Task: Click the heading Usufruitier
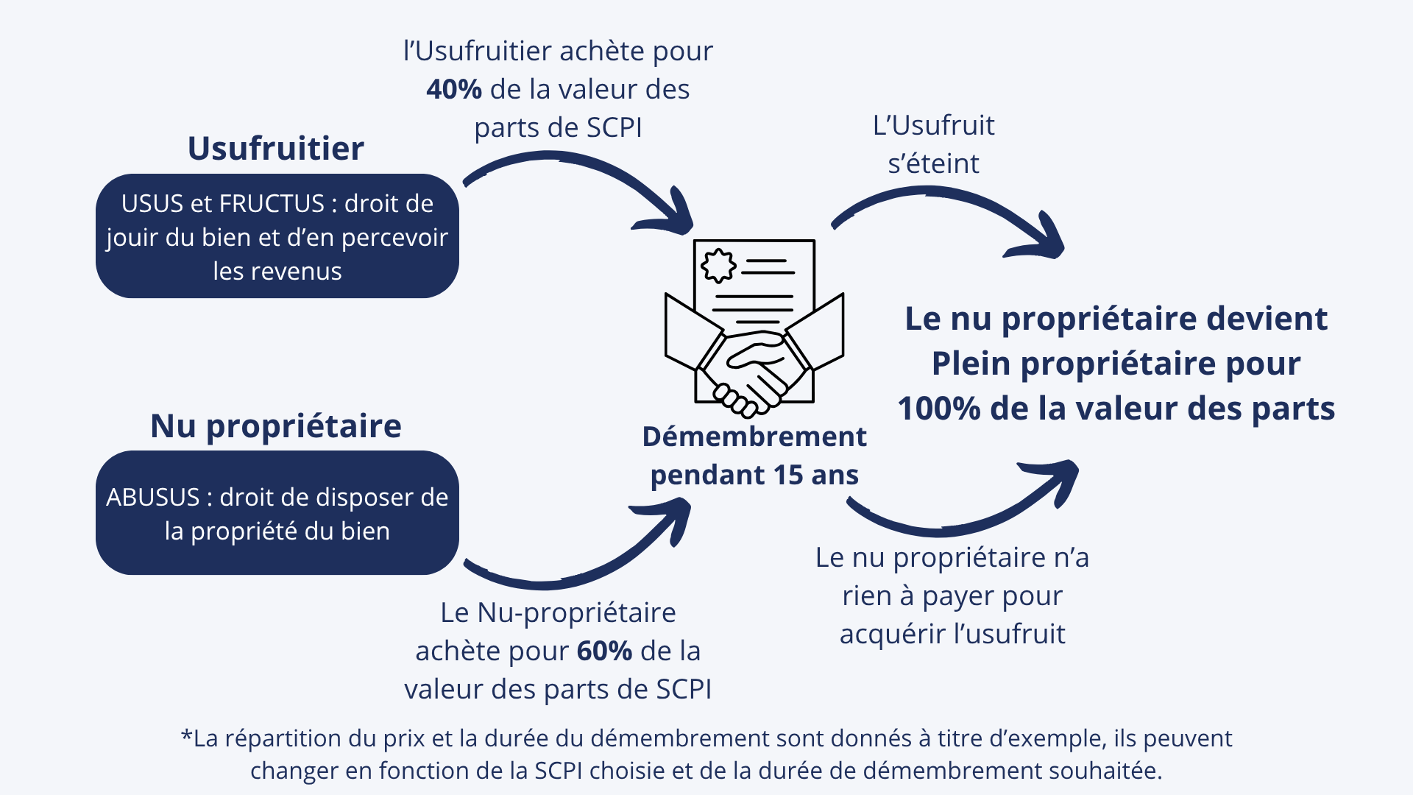pyautogui.click(x=276, y=148)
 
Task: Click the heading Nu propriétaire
pyautogui.click(x=276, y=427)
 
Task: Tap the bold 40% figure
pyautogui.click(x=454, y=89)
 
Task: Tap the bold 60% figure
pyautogui.click(x=604, y=651)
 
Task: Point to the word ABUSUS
pyautogui.click(x=153, y=498)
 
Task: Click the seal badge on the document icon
pyautogui.click(x=718, y=266)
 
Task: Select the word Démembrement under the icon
pyautogui.click(x=754, y=437)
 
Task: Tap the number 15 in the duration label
pyautogui.click(x=788, y=475)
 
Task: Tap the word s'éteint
pyautogui.click(x=933, y=163)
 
